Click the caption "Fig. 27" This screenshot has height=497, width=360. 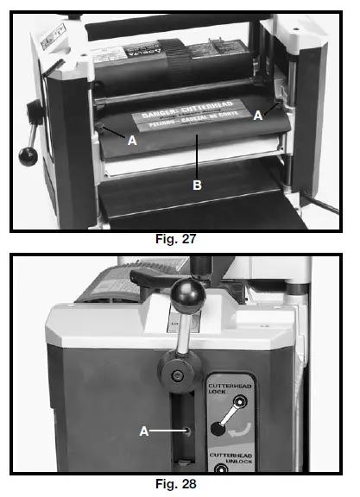tap(176, 240)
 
